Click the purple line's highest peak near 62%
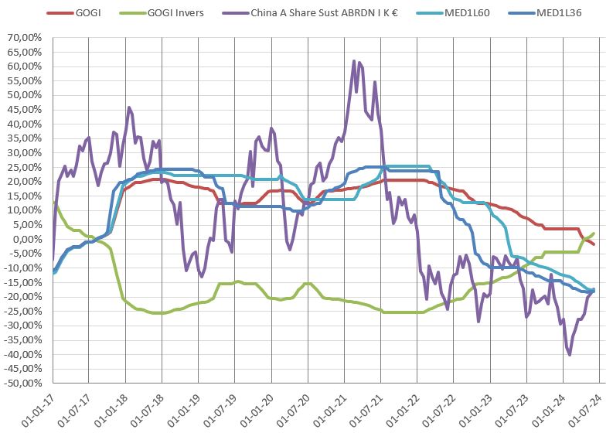coord(354,60)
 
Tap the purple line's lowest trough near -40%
coord(570,354)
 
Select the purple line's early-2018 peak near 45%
coord(128,107)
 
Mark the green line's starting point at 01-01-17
coord(53,203)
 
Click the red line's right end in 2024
coord(594,244)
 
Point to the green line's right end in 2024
coord(594,233)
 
